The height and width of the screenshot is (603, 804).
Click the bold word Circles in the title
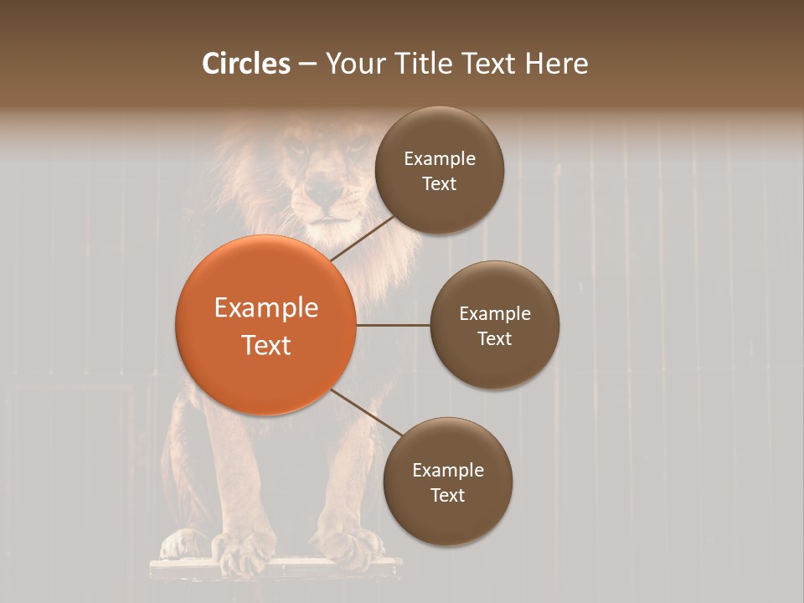[246, 64]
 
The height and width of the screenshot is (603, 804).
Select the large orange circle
[265, 325]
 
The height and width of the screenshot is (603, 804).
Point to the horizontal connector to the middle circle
[393, 325]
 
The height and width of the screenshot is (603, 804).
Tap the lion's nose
[322, 198]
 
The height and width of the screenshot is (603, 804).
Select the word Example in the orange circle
[265, 308]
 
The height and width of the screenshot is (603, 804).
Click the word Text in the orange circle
[265, 345]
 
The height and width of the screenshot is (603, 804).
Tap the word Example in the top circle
[440, 158]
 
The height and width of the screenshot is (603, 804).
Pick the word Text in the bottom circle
[447, 495]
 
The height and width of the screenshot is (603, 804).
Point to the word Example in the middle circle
[495, 313]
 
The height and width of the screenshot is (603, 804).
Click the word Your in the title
[353, 64]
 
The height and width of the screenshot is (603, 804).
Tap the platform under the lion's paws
[276, 569]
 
